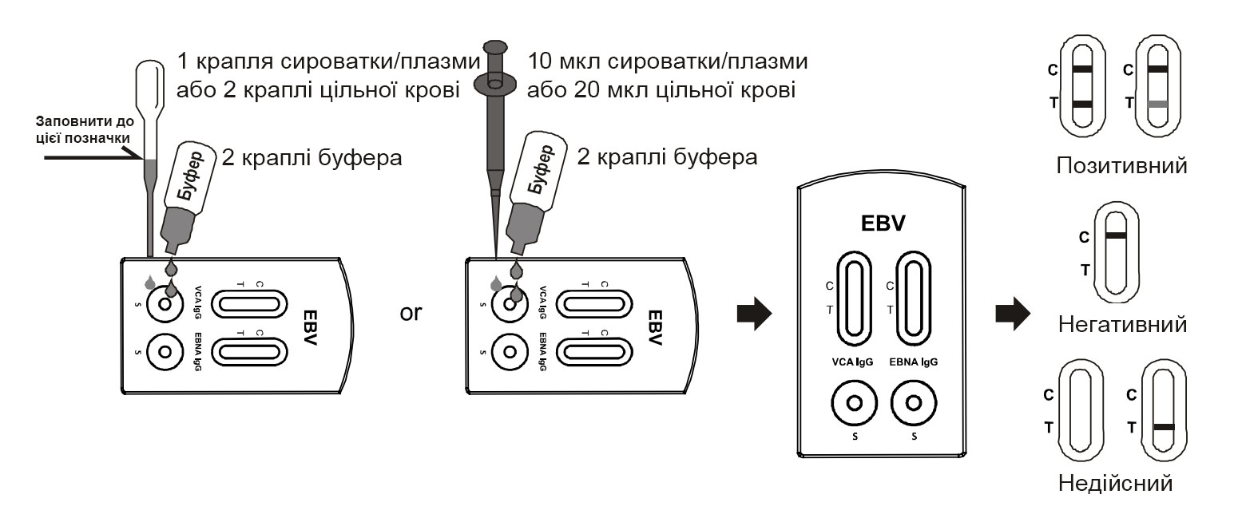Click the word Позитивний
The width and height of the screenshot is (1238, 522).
(x=1121, y=166)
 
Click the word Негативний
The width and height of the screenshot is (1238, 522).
(x=1121, y=325)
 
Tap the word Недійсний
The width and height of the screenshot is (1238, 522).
(x=1115, y=483)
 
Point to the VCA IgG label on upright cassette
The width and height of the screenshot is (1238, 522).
(x=852, y=362)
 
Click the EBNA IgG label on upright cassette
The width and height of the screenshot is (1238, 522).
(x=913, y=362)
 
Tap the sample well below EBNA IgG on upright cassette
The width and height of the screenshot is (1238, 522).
(x=913, y=403)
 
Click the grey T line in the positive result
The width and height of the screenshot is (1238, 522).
(x=1157, y=104)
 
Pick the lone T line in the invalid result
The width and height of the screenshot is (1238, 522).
(x=1164, y=427)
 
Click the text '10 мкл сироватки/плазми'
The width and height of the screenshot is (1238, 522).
(x=667, y=61)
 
